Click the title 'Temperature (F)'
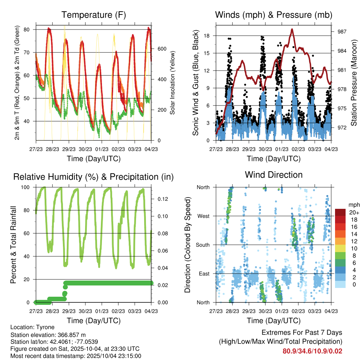tap(94, 15)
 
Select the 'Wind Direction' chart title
tap(274, 175)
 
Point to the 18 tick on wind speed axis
tap(206, 36)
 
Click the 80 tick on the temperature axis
tap(27, 30)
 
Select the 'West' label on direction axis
tap(203, 216)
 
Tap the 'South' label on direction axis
tap(202, 245)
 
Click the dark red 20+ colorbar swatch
tap(340, 212)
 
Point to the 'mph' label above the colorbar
tap(354, 205)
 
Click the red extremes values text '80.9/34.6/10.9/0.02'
tap(312, 351)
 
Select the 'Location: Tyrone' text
tap(32, 327)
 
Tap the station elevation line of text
tap(48, 335)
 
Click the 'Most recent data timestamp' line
tap(76, 356)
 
